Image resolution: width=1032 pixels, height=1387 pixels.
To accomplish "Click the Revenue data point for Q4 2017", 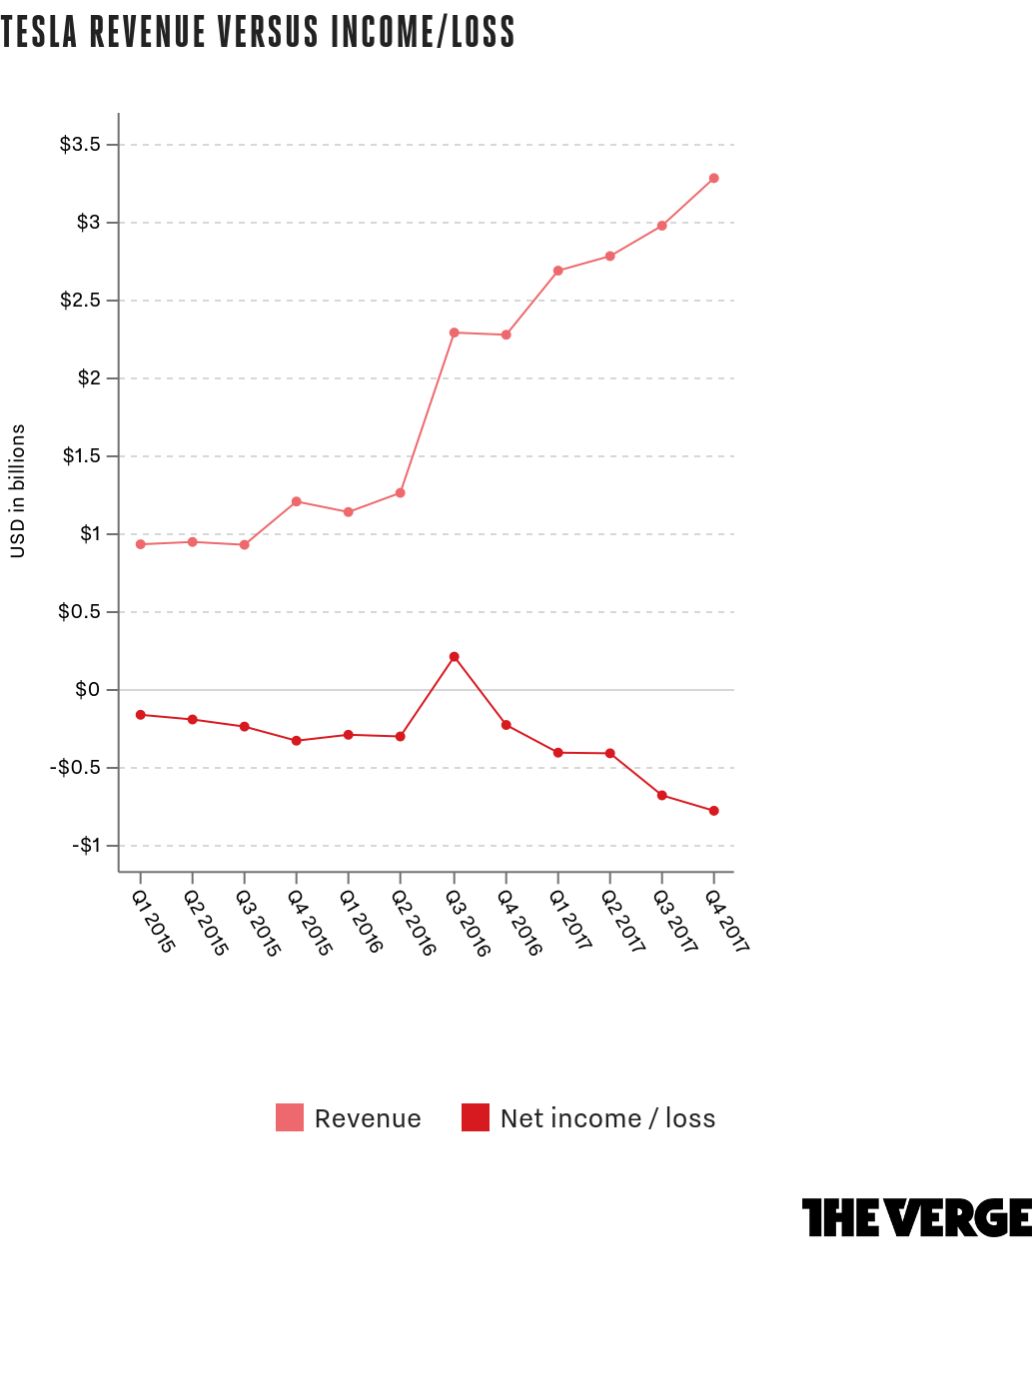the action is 713,178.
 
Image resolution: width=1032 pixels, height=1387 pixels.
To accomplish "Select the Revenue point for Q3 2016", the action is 455,333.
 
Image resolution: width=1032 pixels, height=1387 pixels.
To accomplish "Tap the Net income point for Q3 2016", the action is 455,657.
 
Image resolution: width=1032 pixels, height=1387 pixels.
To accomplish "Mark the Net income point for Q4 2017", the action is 714,811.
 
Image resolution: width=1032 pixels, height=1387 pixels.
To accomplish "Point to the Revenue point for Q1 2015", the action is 140,544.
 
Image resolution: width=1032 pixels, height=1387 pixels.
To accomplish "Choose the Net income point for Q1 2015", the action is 140,715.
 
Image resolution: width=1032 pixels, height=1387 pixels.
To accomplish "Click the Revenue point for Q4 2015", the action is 297,501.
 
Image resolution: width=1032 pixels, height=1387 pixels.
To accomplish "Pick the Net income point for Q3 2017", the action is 662,796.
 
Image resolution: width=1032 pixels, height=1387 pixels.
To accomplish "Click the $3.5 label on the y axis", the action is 80,145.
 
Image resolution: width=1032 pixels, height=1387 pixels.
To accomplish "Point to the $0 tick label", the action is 88,690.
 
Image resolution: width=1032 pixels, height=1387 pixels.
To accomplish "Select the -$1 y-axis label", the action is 86,846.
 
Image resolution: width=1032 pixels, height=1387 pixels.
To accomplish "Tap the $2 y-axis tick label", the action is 88,377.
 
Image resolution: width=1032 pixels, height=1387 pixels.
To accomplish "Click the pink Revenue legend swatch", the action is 290,1117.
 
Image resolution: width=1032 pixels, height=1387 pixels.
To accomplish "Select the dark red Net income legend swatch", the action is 476,1117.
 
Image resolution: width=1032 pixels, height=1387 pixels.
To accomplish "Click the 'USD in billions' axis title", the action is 18,491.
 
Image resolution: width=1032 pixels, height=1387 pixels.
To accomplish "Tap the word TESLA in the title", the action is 39,32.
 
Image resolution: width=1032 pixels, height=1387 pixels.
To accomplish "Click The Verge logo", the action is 917,1217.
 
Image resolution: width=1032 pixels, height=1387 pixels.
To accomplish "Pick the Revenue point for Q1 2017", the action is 558,271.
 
